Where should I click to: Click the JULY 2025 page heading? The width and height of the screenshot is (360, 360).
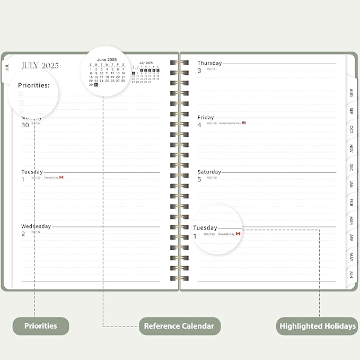[40, 66]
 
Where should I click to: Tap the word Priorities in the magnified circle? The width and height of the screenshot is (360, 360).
[34, 85]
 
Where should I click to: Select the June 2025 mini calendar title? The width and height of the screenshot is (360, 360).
[107, 59]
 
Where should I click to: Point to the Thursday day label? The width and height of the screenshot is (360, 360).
[209, 63]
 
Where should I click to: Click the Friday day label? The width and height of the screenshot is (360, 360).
[206, 118]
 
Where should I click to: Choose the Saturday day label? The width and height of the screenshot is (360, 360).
[209, 172]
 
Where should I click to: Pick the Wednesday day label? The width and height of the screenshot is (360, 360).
[36, 226]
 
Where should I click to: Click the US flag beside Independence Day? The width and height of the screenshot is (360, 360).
[244, 123]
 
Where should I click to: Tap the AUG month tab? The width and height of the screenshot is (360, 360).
[351, 93]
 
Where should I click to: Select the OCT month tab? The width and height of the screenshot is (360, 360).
[351, 129]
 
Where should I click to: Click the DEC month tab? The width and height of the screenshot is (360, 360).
[351, 166]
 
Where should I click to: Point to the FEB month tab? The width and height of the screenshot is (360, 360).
[351, 203]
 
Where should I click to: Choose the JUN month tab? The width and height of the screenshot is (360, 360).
[351, 274]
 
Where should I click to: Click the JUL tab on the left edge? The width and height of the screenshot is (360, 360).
[7, 67]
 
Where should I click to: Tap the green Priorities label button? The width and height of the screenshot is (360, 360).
[40, 326]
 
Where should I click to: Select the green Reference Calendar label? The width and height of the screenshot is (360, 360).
[180, 326]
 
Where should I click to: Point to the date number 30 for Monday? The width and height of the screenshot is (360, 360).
[25, 125]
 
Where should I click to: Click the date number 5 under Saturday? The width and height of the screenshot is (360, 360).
[199, 179]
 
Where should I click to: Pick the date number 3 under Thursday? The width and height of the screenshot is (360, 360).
[199, 71]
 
